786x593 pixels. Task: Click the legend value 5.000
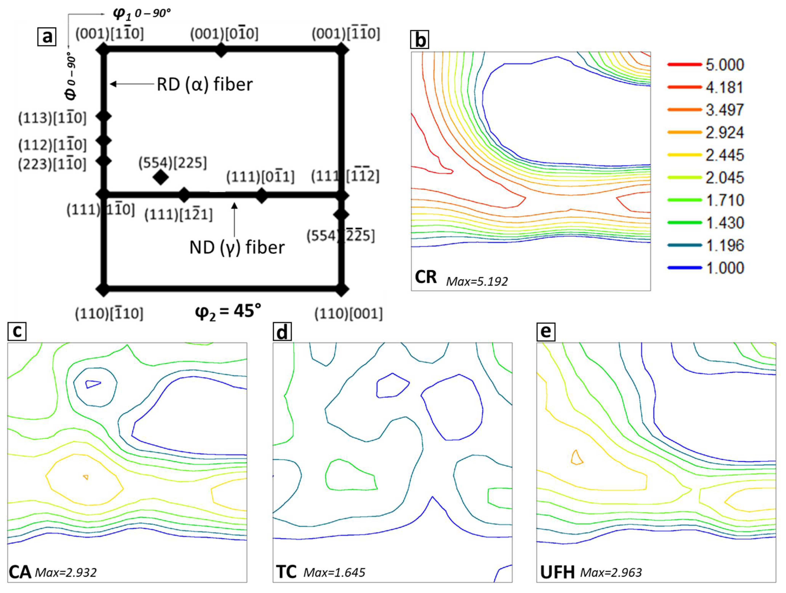[724, 65]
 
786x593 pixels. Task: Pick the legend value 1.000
[724, 268]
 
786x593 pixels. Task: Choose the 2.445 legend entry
[724, 155]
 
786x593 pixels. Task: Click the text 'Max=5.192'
[477, 281]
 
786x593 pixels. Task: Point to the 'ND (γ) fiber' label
[237, 247]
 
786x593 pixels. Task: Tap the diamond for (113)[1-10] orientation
[104, 116]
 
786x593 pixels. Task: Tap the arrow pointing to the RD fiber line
[132, 84]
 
